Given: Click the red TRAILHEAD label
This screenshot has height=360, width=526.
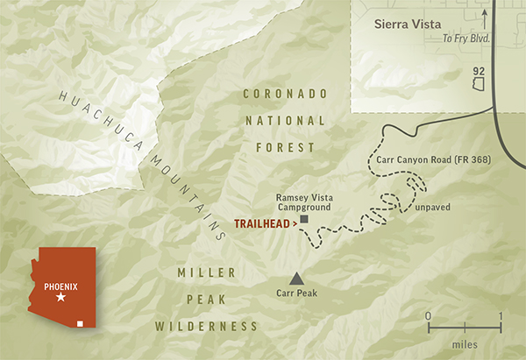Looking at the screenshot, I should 265,223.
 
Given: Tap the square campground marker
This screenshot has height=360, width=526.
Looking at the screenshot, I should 303,219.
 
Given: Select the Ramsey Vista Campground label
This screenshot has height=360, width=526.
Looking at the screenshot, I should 305,203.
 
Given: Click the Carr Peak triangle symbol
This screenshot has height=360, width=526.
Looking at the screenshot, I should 297,278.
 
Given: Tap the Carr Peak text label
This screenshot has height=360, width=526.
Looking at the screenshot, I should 298,296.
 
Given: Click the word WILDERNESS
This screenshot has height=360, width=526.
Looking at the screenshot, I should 207,326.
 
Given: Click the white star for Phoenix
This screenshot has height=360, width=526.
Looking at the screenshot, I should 60,299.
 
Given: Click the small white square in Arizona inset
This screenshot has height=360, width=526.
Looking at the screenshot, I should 81,324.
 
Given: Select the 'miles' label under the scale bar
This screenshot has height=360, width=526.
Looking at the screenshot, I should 464,344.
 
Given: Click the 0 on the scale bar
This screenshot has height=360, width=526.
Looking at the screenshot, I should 428,315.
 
